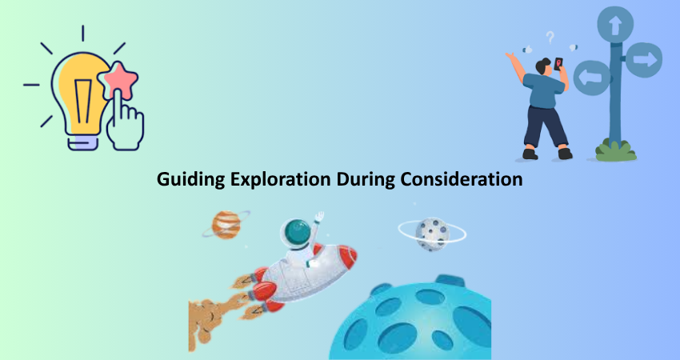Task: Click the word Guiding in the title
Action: pos(191,179)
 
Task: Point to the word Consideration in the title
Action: pos(461,178)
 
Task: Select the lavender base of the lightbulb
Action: pos(83,142)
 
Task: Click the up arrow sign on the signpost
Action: pos(615,25)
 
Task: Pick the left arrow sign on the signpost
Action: pos(592,78)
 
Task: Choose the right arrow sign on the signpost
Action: pos(644,60)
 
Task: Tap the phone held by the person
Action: pos(558,64)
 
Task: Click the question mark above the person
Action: pos(550,38)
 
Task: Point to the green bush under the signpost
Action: pos(615,150)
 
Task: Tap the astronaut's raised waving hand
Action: pos(319,216)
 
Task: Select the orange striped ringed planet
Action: pos(226,225)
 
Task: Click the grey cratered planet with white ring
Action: pos(432,234)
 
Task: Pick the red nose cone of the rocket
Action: pos(348,256)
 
